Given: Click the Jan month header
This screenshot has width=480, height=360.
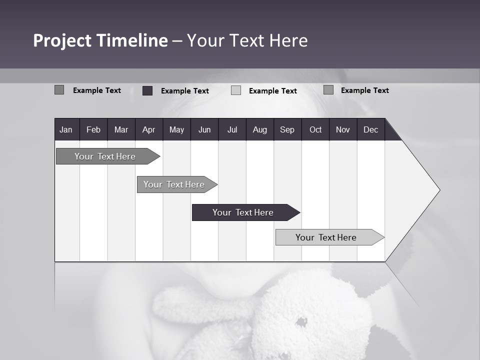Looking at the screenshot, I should tap(66, 129).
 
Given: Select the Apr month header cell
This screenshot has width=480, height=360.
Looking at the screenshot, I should tap(148, 129).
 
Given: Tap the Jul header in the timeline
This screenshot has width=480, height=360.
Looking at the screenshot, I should tap(232, 129).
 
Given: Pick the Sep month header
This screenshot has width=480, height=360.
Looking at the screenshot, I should tap(287, 129).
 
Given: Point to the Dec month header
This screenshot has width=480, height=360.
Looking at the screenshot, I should tap(370, 129).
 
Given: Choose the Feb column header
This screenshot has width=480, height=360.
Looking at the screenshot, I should tap(93, 129).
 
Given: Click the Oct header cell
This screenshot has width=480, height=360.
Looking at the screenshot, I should tap(315, 129).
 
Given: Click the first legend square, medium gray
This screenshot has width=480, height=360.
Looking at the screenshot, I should tap(59, 90).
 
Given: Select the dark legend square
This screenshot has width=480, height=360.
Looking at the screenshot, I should tap(147, 90).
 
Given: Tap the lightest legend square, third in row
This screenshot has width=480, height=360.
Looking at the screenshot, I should tap(236, 90).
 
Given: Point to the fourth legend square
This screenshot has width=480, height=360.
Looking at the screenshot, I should tap(328, 90).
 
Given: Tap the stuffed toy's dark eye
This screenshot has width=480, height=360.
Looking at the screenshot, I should tap(301, 322).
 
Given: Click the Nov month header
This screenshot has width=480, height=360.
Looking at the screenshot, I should tap(343, 129).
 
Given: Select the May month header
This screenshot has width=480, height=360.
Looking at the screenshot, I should tap(176, 129).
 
